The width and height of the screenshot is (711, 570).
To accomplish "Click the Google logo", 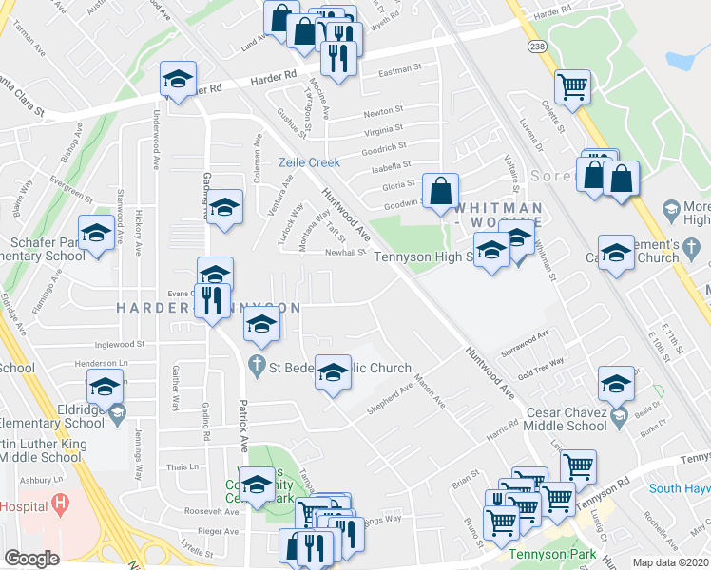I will [x=31, y=559].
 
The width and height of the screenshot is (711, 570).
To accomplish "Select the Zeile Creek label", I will [x=309, y=162].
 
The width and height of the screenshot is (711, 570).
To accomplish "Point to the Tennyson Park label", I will [x=543, y=554].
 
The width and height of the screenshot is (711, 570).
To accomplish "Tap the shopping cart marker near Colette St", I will [x=573, y=87].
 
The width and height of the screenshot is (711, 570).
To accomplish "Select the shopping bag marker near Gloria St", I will [x=441, y=191].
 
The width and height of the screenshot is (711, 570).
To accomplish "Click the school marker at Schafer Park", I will [x=96, y=233].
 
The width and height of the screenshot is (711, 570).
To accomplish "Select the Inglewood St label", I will [x=120, y=345].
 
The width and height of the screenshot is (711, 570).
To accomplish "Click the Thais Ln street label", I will [x=182, y=466].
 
